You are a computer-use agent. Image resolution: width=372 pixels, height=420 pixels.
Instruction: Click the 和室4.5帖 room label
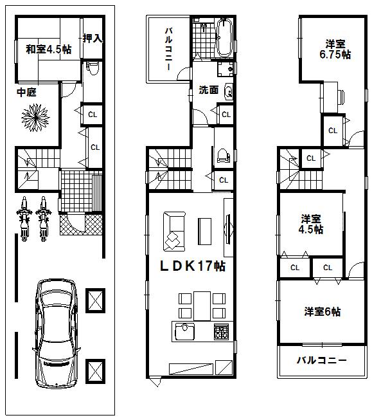(48, 49)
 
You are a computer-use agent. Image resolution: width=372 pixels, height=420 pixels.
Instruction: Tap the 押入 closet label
(93, 38)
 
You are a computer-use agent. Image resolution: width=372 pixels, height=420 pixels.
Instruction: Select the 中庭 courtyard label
(26, 93)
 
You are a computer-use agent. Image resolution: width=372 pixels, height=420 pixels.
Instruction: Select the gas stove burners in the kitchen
(221, 333)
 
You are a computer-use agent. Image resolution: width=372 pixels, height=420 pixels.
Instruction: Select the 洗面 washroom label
(208, 91)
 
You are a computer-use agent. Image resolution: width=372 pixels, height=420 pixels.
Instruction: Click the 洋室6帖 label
(322, 312)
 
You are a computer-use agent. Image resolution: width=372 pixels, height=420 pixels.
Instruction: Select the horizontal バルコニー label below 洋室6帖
(321, 360)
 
